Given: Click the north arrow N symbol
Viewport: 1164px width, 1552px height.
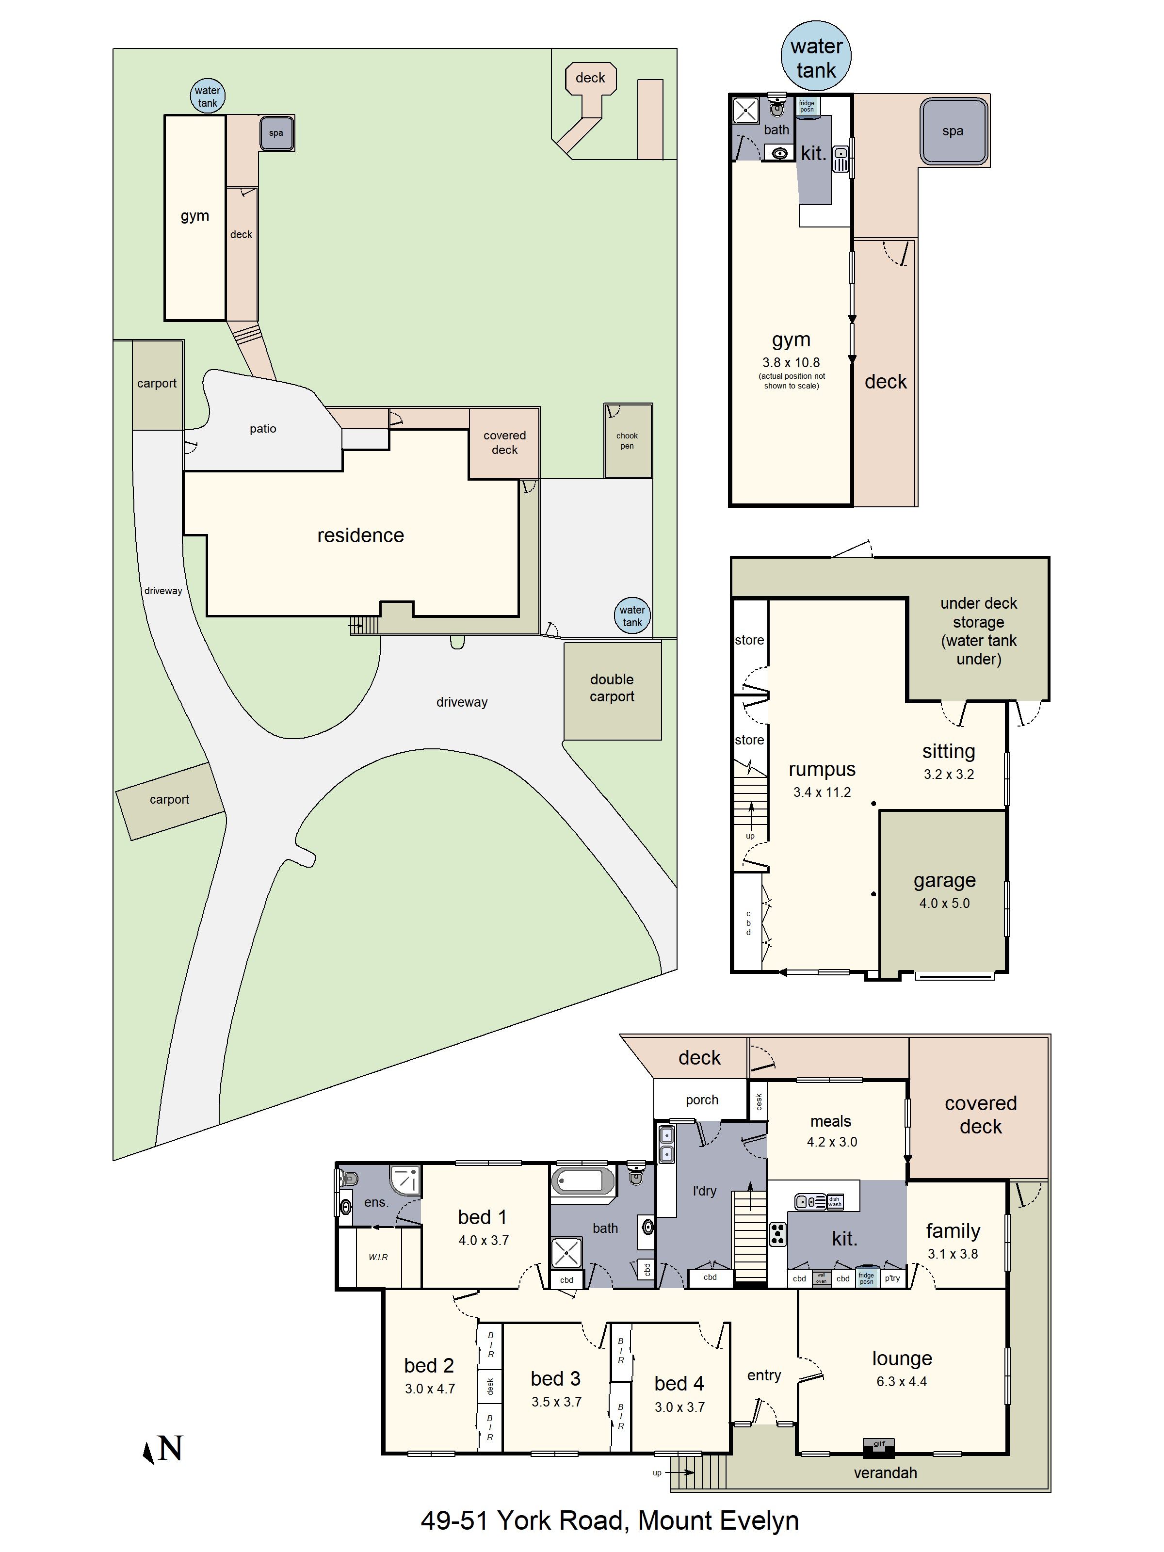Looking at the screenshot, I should click(163, 1449).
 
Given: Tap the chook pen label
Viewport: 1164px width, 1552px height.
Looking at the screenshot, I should click(627, 440).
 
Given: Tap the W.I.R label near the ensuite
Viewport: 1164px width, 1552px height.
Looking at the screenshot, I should click(378, 1257).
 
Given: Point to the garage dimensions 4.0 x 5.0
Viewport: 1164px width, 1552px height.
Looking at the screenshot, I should click(944, 904).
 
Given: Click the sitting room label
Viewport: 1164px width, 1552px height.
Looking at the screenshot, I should click(949, 751).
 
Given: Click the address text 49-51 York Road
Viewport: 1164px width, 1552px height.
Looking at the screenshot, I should click(609, 1520).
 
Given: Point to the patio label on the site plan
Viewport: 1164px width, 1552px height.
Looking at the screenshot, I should click(263, 429).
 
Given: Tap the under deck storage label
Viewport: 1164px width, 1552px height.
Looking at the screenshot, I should click(978, 631).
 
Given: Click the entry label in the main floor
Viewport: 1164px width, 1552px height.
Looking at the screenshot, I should click(764, 1375).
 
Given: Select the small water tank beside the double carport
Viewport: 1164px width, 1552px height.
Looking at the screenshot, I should click(632, 616).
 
